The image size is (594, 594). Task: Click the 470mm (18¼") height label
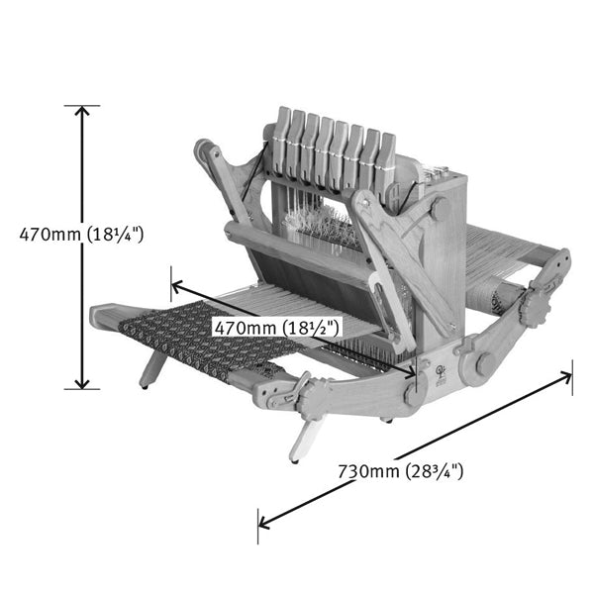81,235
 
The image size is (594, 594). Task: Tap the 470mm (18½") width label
276,328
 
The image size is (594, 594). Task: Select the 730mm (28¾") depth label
400,471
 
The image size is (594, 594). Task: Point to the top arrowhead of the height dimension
82,111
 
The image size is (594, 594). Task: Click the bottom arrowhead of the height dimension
82,384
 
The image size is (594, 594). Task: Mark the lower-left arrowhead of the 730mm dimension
263,523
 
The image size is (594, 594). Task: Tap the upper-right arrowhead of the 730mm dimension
566,377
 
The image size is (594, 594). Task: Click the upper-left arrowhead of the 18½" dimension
177,285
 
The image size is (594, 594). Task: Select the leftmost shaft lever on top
283,141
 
